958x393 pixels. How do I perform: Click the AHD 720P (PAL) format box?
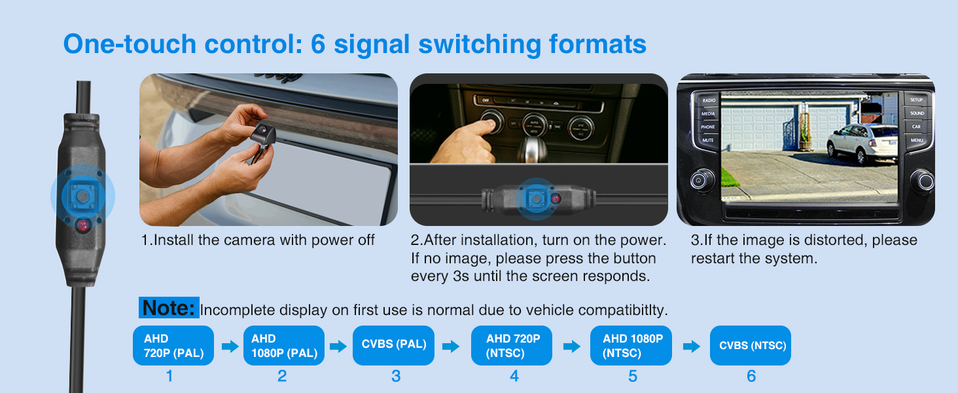(x=173, y=345)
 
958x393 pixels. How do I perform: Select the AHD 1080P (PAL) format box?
(x=284, y=345)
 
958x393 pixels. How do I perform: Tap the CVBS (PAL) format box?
(x=393, y=345)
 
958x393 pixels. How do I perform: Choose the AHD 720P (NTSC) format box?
(x=512, y=345)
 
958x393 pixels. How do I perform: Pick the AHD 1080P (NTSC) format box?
(x=631, y=345)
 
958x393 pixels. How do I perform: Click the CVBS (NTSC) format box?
(x=751, y=345)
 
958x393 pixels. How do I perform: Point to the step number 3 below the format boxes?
(x=396, y=377)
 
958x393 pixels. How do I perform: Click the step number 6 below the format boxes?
(x=751, y=377)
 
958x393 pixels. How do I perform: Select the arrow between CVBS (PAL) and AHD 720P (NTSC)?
(x=451, y=346)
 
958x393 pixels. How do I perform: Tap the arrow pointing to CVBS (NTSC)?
(x=692, y=346)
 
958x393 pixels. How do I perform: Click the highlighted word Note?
(x=169, y=307)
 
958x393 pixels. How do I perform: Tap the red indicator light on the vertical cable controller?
(x=83, y=225)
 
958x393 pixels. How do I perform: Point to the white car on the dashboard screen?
(x=862, y=143)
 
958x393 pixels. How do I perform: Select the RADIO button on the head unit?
(x=709, y=100)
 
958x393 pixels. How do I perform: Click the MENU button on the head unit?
(x=917, y=140)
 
